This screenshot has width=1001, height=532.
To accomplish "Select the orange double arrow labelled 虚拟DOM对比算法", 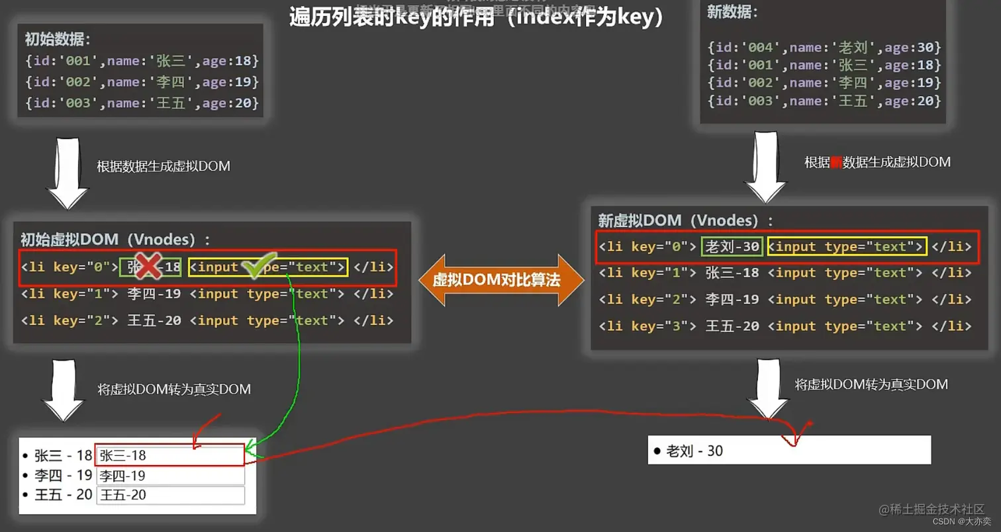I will [x=501, y=280].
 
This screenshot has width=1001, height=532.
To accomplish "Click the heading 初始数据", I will [x=58, y=40].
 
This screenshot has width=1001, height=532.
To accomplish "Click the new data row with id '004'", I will [x=824, y=48].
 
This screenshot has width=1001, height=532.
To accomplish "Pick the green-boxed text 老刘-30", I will [x=732, y=247].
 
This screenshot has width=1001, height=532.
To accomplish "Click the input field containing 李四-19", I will [x=170, y=476].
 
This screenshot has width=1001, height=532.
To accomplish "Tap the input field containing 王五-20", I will [x=170, y=495].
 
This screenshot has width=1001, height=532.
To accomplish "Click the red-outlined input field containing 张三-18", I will [x=170, y=455].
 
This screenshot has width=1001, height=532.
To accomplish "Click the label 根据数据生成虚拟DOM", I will [x=164, y=167].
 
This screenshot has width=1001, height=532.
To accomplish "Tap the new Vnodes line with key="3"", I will [x=785, y=326].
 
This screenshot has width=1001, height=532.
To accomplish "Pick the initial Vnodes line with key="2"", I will [x=207, y=321].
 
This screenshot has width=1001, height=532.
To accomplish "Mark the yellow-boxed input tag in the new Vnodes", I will [x=847, y=247].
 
